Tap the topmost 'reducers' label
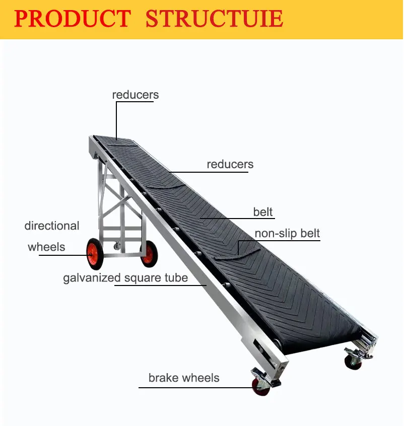(x=136, y=95)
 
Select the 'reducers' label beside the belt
(x=230, y=164)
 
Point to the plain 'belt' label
(x=263, y=212)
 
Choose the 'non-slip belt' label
(x=287, y=234)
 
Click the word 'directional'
(x=52, y=226)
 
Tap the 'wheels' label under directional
(x=46, y=247)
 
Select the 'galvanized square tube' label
(x=125, y=277)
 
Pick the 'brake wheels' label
(x=184, y=378)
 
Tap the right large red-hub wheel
(x=149, y=255)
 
